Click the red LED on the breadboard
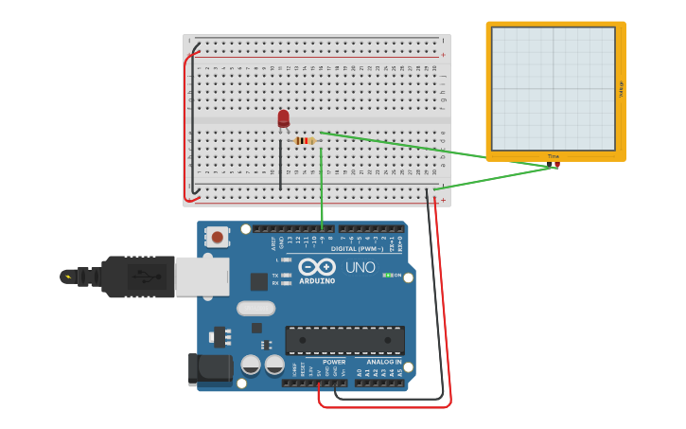pos(283,117)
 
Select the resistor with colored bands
pos(305,141)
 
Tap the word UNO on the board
pos(360,267)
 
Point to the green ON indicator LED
pos(387,276)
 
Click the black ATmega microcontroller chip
pos(344,340)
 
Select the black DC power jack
pos(210,369)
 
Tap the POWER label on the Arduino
pos(334,362)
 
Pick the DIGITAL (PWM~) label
pos(357,249)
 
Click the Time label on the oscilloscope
pos(554,156)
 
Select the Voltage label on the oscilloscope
pos(621,88)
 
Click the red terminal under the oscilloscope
pos(556,166)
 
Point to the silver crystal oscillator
pos(255,308)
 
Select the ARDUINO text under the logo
pos(317,281)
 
